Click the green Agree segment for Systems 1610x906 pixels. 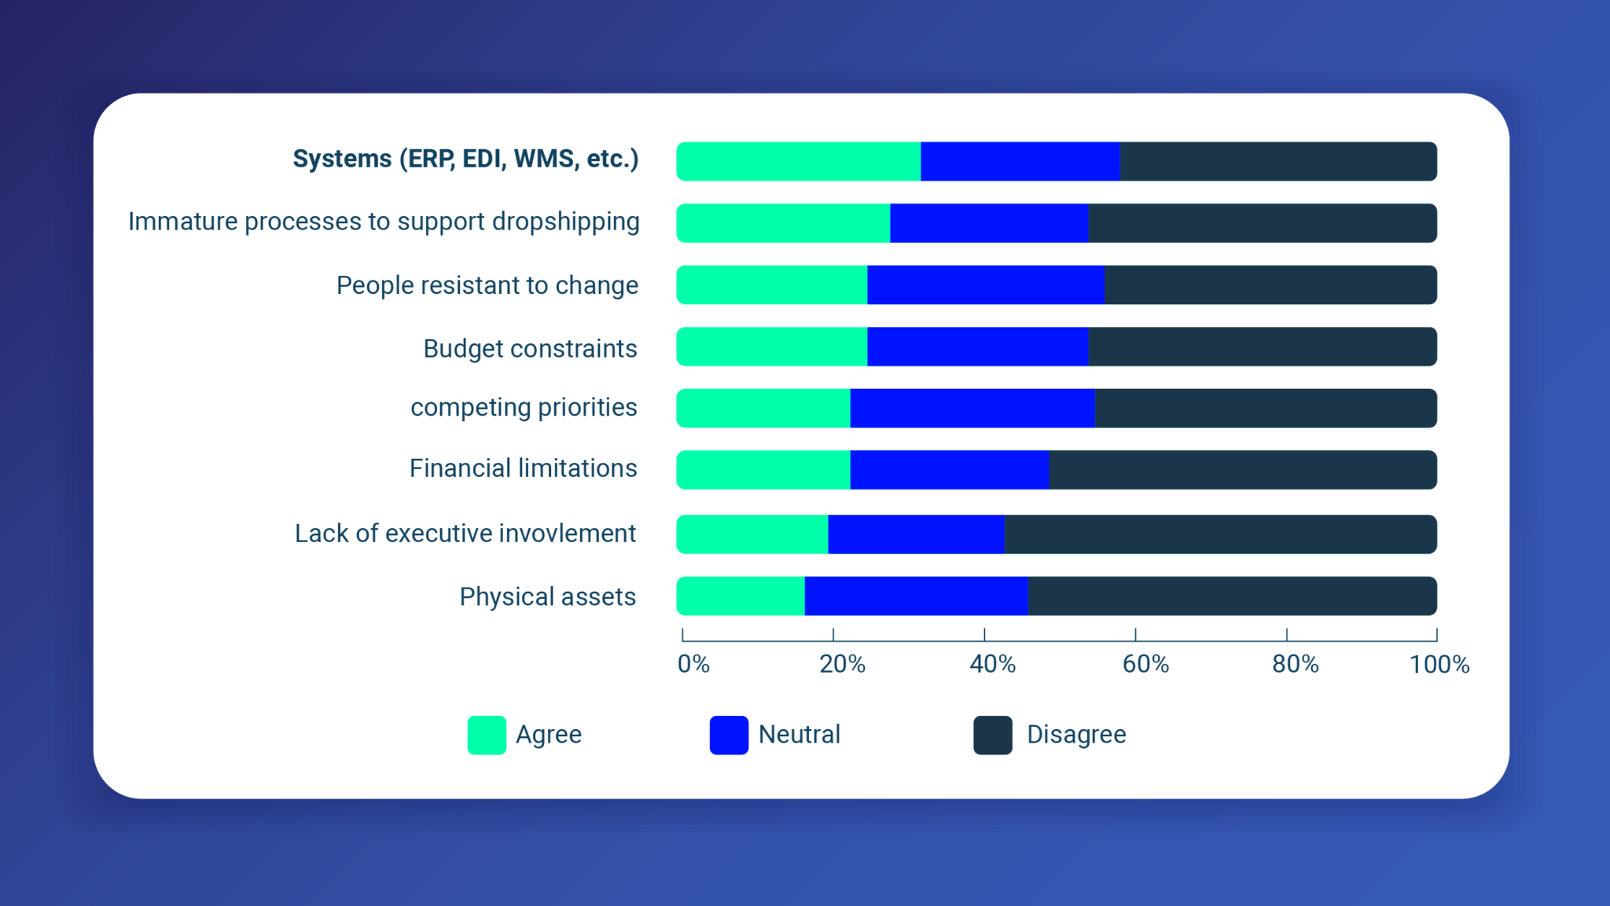click(798, 161)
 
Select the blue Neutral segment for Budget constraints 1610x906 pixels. click(977, 347)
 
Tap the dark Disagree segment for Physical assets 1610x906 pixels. click(1232, 596)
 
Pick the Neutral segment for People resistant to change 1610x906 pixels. click(985, 284)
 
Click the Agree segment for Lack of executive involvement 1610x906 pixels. click(752, 534)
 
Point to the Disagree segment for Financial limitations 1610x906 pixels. click(1242, 470)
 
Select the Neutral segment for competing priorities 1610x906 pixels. click(972, 408)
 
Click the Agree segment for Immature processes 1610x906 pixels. click(783, 223)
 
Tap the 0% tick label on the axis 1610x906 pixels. click(693, 665)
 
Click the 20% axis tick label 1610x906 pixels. click(842, 665)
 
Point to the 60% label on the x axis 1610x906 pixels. click(1145, 665)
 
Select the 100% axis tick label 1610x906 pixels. click(1439, 665)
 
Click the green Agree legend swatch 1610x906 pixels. click(487, 735)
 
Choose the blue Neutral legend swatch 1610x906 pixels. click(729, 735)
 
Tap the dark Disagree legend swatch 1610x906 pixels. click(992, 735)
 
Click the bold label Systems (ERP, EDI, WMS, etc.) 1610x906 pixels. click(465, 159)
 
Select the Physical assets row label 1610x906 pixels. click(547, 597)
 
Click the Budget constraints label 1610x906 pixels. click(530, 348)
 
